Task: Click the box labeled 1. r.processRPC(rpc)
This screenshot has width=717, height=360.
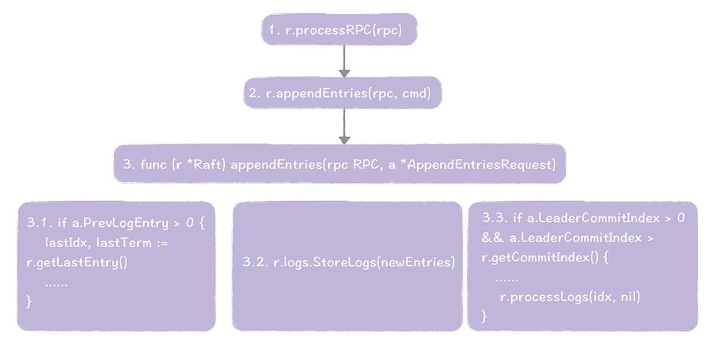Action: (339, 30)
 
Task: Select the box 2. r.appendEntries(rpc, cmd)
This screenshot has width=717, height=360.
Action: (344, 94)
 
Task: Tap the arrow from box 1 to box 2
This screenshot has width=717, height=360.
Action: (344, 61)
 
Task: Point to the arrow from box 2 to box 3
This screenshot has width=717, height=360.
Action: (344, 127)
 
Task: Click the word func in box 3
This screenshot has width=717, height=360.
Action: (154, 165)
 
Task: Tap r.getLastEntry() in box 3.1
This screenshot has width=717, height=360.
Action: (77, 262)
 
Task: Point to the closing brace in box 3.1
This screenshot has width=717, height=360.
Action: (28, 301)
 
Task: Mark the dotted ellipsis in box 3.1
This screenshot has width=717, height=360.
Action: (57, 283)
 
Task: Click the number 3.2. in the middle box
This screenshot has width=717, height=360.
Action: (254, 262)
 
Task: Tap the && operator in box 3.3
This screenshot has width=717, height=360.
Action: (492, 238)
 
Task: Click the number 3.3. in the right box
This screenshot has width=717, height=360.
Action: (495, 219)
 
